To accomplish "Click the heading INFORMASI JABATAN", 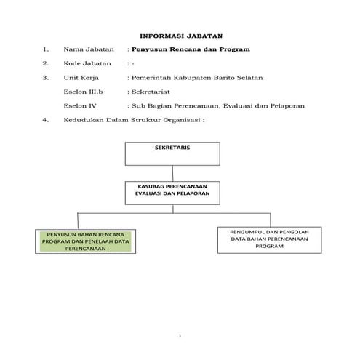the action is click(180, 35).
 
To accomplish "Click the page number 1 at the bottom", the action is click(180, 336).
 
